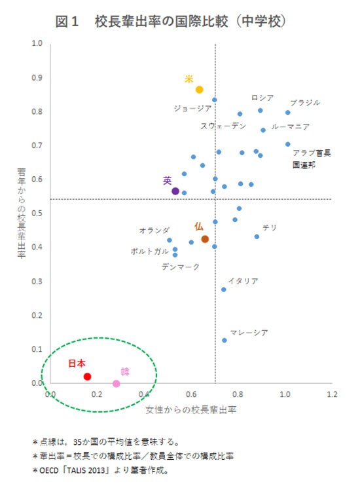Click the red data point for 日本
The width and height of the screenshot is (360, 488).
(87, 377)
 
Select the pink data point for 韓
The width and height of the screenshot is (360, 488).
(117, 384)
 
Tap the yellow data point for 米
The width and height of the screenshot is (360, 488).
(200, 90)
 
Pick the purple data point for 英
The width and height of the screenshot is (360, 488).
(175, 191)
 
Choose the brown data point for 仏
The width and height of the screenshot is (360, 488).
(205, 239)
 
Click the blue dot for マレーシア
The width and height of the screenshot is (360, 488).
(225, 340)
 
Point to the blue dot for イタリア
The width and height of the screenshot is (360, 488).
(223, 289)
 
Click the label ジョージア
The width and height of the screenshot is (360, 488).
(192, 108)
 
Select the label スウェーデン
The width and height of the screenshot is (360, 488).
(223, 126)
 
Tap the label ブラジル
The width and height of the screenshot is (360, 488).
(305, 103)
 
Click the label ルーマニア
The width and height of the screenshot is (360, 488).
(290, 126)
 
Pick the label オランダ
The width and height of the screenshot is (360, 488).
(154, 231)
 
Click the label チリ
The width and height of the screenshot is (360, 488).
(270, 227)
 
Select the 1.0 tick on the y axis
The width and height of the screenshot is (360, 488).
(37, 44)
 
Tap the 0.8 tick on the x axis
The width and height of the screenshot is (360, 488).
(238, 395)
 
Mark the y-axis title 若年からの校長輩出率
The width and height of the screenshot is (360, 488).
(22, 214)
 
